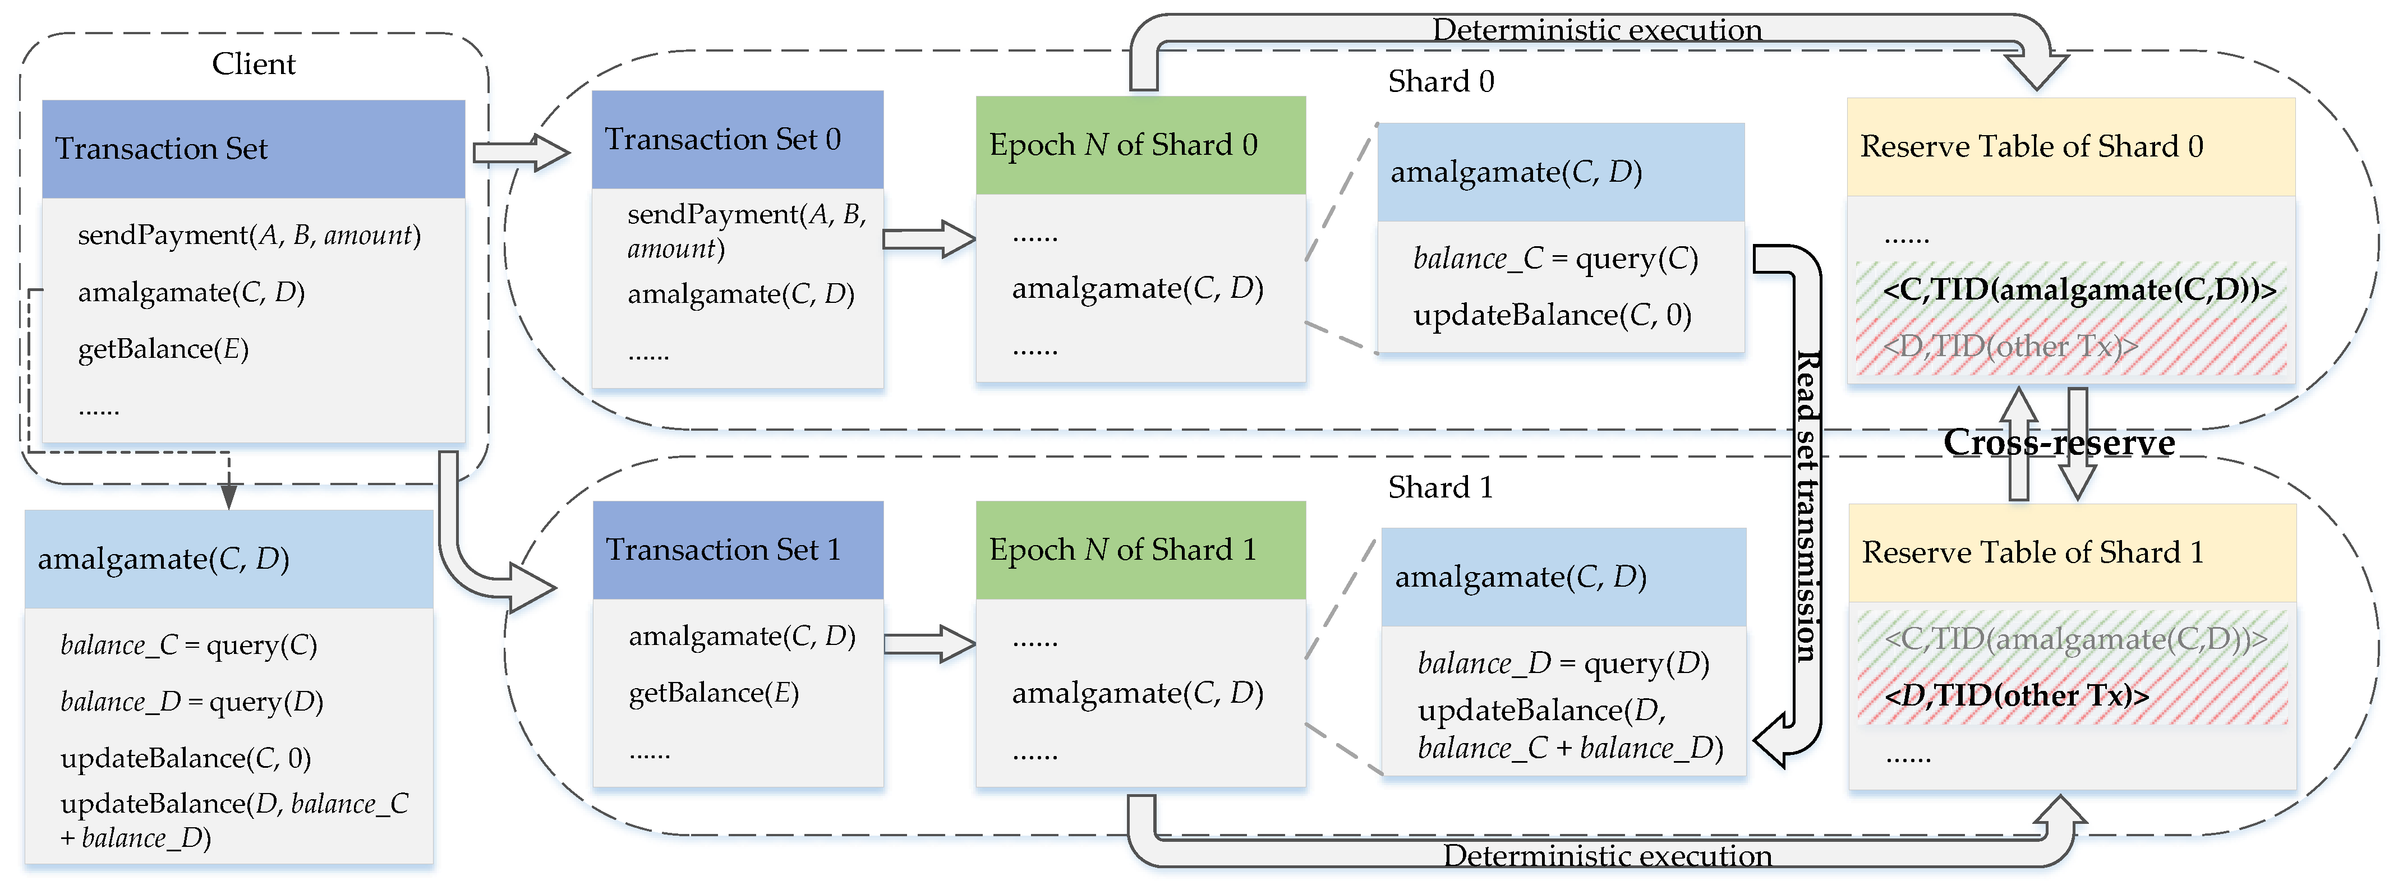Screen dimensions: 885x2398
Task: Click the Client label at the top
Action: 253,63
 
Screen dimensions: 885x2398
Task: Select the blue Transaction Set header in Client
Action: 253,149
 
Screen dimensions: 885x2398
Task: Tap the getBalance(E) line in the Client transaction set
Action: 163,349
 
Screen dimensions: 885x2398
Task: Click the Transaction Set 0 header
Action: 737,140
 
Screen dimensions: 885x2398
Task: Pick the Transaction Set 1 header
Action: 737,550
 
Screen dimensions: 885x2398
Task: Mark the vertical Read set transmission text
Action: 1806,507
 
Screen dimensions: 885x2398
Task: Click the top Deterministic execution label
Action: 1596,30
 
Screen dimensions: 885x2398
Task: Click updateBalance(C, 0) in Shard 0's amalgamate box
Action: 1552,316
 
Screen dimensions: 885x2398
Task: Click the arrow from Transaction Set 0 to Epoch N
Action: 928,239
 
